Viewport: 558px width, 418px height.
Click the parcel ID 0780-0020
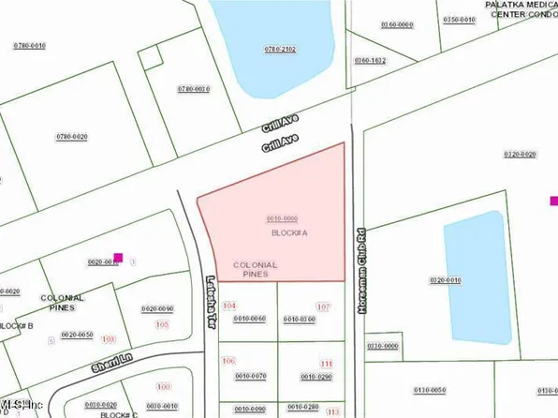click(x=71, y=137)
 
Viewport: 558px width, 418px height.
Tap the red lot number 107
click(x=324, y=307)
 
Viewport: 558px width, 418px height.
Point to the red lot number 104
click(x=229, y=306)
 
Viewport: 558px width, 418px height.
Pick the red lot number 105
click(x=162, y=324)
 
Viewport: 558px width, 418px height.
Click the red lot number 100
click(x=164, y=386)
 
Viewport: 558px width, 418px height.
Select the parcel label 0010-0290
click(x=316, y=377)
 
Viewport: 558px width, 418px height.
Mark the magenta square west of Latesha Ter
click(x=118, y=257)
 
